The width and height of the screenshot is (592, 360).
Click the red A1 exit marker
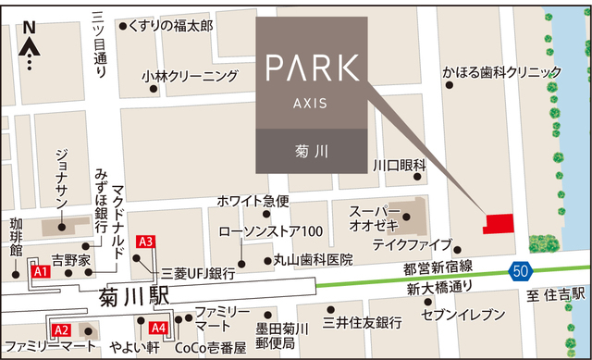(40, 272)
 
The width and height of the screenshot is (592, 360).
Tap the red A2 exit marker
(61, 330)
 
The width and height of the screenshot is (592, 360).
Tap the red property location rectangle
(500, 225)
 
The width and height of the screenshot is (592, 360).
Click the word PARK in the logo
(311, 68)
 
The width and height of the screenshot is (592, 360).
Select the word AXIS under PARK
(311, 102)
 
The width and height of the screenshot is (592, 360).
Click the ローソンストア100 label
(270, 231)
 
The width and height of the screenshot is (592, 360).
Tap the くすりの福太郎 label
(170, 26)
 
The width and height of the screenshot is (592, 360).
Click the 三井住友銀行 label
(362, 323)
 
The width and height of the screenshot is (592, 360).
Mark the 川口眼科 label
(399, 165)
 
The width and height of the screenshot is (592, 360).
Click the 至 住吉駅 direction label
(557, 294)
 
